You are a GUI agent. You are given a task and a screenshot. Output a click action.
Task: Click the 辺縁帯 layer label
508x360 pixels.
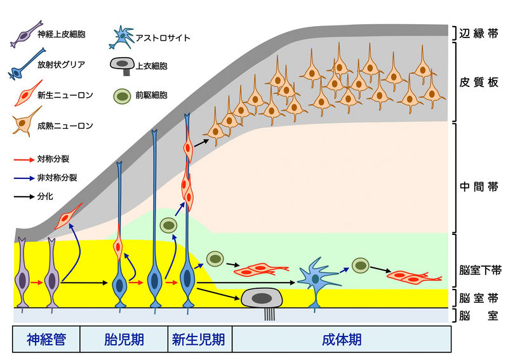pos(479,33)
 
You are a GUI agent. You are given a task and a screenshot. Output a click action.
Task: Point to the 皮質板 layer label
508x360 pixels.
pos(479,83)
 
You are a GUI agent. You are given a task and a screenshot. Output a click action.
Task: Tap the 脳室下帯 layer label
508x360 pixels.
pos(479,270)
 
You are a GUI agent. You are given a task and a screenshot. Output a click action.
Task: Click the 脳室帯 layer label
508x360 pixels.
pos(479,298)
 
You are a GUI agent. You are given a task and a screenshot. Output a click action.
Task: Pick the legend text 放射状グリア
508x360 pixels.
pos(61,63)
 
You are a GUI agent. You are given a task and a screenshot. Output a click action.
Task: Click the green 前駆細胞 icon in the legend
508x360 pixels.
pos(121,95)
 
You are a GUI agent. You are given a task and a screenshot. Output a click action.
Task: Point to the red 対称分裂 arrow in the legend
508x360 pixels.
pos(24,158)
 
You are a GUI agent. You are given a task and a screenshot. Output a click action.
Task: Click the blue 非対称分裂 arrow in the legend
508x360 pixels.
pos(24,178)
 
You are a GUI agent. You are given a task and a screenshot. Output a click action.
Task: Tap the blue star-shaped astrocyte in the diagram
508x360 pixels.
pos(314,277)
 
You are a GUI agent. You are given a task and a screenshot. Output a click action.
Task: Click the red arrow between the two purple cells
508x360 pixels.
pos(37,283)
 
